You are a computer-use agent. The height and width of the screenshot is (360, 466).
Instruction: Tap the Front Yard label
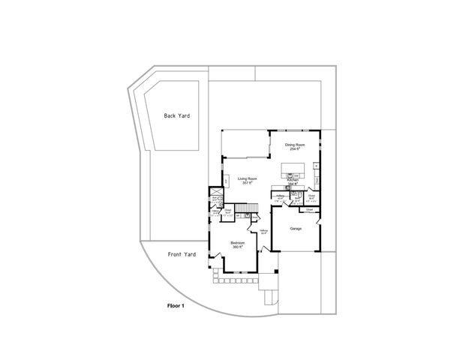[x=182, y=254]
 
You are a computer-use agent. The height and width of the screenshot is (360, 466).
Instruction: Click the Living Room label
[x=248, y=178]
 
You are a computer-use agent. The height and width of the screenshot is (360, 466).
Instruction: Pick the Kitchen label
[x=293, y=180]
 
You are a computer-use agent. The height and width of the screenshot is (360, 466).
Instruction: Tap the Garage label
[x=296, y=228]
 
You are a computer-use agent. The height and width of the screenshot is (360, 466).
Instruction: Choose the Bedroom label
[x=236, y=243]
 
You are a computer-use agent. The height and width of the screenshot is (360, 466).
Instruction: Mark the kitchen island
[x=294, y=168]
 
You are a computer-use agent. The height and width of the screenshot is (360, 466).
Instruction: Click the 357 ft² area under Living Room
[x=248, y=184]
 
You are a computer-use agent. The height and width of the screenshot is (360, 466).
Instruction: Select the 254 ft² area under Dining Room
[x=294, y=149]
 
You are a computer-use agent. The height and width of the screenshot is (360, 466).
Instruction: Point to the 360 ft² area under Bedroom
[x=236, y=247]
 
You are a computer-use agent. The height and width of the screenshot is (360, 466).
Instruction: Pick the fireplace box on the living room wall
[x=225, y=181]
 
